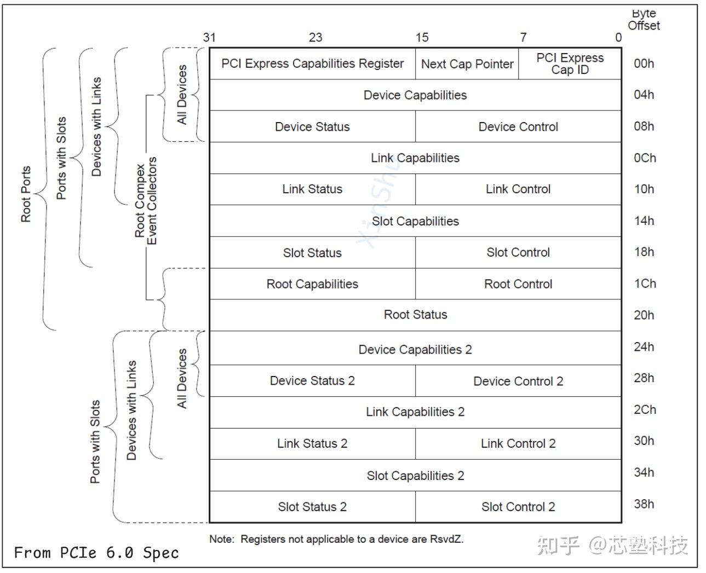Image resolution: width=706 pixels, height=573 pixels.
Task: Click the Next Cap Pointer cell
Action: click(467, 64)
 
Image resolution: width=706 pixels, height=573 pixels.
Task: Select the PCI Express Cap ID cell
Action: click(570, 64)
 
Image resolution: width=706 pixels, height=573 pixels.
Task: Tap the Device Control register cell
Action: click(518, 127)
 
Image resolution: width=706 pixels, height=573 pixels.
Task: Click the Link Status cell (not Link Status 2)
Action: click(312, 189)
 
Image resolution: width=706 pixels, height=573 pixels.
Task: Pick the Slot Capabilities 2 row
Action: click(415, 476)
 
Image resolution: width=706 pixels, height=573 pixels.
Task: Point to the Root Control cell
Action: click(518, 284)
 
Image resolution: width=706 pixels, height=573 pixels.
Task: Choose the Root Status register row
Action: click(415, 315)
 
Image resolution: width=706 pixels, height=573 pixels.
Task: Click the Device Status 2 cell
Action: click(312, 381)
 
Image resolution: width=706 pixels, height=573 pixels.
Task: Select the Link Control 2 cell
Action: click(518, 444)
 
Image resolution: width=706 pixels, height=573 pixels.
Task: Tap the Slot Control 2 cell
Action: click(518, 507)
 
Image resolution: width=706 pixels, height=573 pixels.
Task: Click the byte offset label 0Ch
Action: click(645, 158)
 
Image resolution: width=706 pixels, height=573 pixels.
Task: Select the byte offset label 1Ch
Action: click(645, 284)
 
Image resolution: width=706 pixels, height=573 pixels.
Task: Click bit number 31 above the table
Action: click(209, 37)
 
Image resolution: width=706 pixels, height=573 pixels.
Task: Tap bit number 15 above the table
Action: click(422, 37)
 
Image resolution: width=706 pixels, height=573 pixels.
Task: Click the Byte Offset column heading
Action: click(644, 20)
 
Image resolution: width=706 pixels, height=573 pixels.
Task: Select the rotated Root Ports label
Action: click(26, 194)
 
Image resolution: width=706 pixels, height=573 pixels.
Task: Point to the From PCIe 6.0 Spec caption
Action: click(96, 553)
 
